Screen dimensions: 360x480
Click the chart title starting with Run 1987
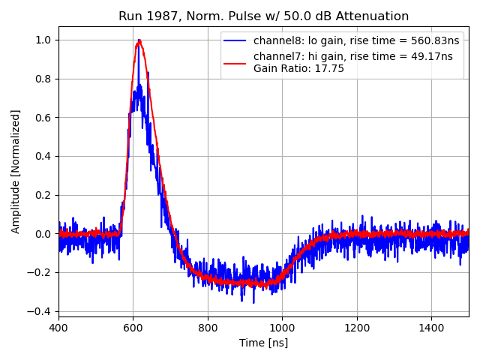[263, 16]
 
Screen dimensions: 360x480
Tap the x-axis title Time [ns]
[263, 343]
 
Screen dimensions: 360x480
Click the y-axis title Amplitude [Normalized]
[16, 171]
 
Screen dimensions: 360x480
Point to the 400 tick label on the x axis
[58, 328]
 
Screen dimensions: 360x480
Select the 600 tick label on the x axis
[133, 328]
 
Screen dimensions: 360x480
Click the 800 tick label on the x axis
[208, 328]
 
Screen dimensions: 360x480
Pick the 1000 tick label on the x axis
[282, 328]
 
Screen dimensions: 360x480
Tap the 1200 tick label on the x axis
[357, 328]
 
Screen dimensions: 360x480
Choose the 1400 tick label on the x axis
[431, 328]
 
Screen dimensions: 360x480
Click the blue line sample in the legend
[235, 40]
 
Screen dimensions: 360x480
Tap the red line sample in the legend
[235, 56]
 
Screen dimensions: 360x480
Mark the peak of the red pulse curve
[139, 40]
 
